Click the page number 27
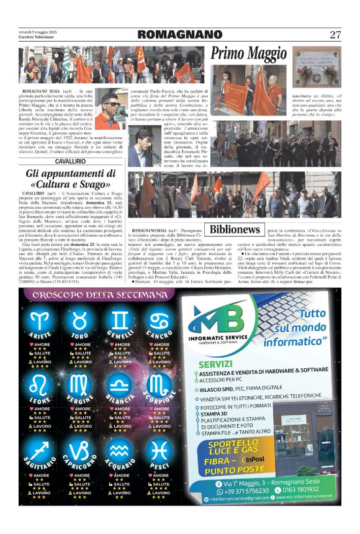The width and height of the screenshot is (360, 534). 335,35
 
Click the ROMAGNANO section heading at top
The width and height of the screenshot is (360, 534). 179,35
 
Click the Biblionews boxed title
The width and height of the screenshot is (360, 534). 234,230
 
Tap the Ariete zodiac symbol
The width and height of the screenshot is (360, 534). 42,322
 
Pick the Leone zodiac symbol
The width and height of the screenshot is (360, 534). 42,386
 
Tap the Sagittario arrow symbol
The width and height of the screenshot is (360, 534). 42,450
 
